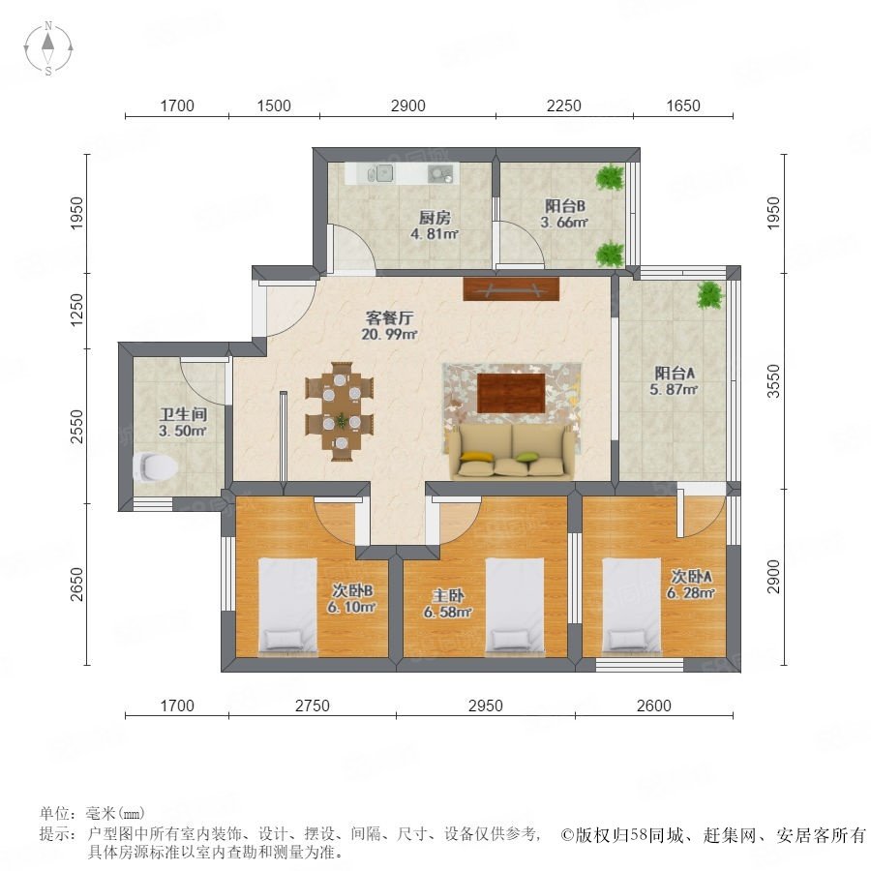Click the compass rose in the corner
(48, 47)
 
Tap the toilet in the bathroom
(155, 466)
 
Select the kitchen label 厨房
(435, 217)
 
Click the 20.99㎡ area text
(389, 335)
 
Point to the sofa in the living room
(512, 451)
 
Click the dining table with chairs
(340, 411)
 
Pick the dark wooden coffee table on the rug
(511, 393)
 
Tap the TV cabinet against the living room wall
(511, 288)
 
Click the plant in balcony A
(710, 294)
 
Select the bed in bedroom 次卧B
(287, 607)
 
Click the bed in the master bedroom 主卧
(515, 607)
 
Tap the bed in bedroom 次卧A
(632, 607)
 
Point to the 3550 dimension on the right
(773, 381)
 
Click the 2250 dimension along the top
(564, 105)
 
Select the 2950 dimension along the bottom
(486, 706)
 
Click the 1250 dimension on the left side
(77, 310)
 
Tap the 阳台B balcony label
(564, 206)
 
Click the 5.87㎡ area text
(674, 390)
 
